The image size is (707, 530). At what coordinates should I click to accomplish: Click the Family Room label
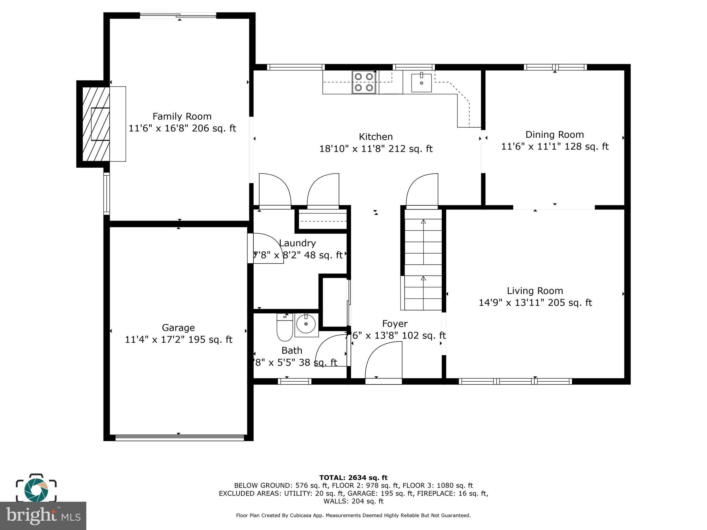(x=182, y=116)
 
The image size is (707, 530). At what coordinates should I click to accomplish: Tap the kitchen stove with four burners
(x=364, y=82)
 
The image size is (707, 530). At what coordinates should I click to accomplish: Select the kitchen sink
(x=421, y=83)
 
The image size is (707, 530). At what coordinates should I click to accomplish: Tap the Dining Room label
(x=554, y=135)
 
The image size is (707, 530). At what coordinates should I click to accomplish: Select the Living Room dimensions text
(x=535, y=303)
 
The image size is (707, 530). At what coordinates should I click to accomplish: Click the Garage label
(x=178, y=327)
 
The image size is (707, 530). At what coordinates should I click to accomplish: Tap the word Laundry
(x=297, y=243)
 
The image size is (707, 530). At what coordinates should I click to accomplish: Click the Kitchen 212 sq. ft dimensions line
(x=376, y=149)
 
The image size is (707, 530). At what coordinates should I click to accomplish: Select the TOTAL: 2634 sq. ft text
(x=353, y=478)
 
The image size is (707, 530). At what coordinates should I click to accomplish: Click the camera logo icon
(x=36, y=488)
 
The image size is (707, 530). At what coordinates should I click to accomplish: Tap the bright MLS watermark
(x=43, y=516)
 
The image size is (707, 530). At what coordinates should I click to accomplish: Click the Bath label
(x=292, y=351)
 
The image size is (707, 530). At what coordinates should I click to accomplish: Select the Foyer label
(x=395, y=324)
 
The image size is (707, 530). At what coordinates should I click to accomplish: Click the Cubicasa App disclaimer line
(x=353, y=516)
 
